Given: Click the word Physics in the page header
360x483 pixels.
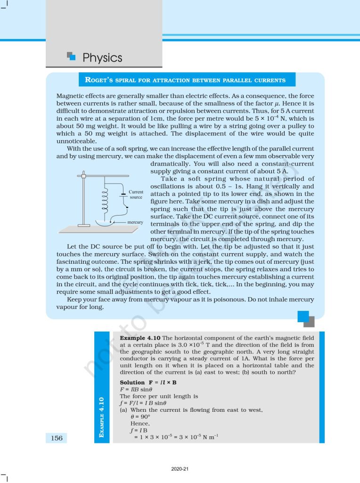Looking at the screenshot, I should pyautogui.click(x=102, y=58).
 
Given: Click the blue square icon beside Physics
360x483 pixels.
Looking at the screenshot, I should pyautogui.click(x=71, y=56).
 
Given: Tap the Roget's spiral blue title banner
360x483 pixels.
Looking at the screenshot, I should pyautogui.click(x=185, y=80).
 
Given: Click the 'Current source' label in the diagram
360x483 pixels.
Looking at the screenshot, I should pyautogui.click(x=136, y=195).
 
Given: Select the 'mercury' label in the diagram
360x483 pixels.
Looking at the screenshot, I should pyautogui.click(x=135, y=222).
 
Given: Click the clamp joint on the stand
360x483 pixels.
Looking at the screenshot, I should pyautogui.click(x=83, y=176).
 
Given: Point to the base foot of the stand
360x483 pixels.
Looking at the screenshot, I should pyautogui.click(x=83, y=225).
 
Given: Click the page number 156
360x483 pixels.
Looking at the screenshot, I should pyautogui.click(x=56, y=438).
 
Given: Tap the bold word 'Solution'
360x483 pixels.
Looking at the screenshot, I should pyautogui.click(x=132, y=382).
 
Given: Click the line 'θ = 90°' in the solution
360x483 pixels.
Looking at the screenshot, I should pyautogui.click(x=141, y=417).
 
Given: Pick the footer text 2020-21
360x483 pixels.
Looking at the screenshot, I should pyautogui.click(x=180, y=469).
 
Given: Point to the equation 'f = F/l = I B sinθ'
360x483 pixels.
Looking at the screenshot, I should pyautogui.click(x=143, y=403).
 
